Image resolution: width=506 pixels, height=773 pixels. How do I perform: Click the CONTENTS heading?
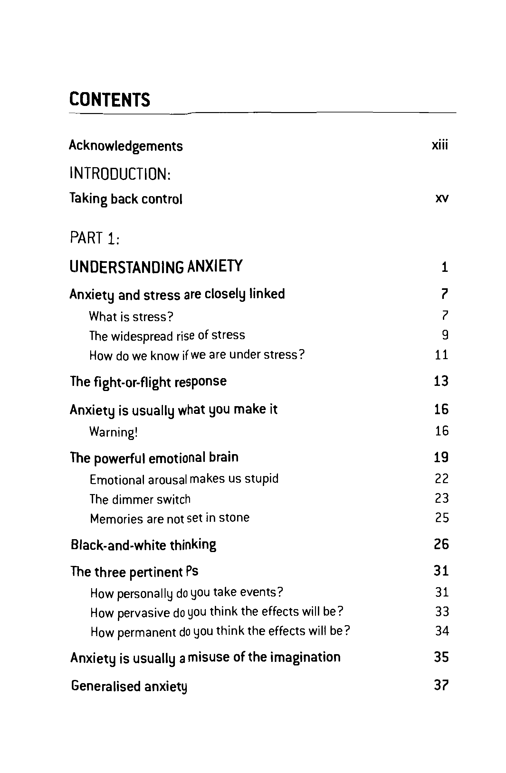click(110, 100)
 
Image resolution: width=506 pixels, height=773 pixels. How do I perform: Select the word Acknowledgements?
click(126, 146)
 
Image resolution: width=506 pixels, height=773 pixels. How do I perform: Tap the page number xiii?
click(440, 145)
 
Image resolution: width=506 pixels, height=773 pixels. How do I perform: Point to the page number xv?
click(442, 198)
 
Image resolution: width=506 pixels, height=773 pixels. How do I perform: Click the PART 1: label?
click(95, 238)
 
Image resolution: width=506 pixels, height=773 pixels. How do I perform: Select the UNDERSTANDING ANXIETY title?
click(156, 266)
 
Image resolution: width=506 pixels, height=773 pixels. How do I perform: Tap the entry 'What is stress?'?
click(131, 316)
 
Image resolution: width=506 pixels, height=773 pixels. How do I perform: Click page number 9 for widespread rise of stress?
click(445, 335)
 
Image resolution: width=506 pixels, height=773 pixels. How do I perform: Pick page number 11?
click(441, 355)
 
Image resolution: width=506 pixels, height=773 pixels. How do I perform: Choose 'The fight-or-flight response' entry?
click(148, 382)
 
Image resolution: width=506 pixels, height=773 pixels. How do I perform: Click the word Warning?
click(114, 432)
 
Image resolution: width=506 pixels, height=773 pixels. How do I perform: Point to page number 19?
click(441, 457)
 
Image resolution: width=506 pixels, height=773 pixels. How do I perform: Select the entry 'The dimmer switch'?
click(140, 499)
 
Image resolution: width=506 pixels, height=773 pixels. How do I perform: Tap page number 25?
click(442, 518)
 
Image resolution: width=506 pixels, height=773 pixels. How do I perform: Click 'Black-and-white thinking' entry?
click(143, 545)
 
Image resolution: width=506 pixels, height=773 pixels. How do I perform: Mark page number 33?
click(442, 612)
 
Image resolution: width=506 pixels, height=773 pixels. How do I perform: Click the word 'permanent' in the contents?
click(147, 632)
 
